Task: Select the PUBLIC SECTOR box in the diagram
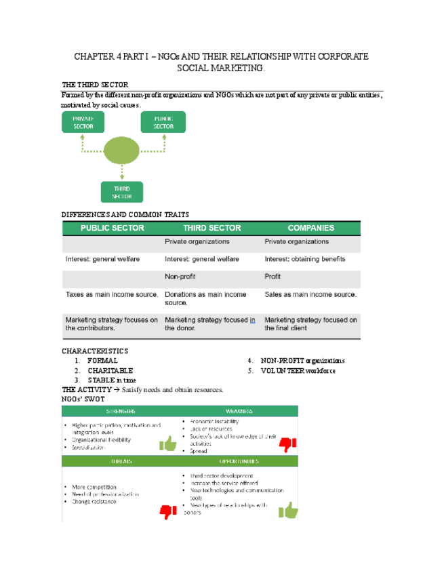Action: tap(163, 122)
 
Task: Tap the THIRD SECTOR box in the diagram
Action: tap(122, 191)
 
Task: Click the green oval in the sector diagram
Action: tap(122, 151)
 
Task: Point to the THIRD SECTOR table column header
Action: tap(211, 229)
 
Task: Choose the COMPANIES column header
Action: tap(311, 229)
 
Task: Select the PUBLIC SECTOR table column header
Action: tap(113, 229)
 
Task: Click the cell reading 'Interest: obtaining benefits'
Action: tap(304, 259)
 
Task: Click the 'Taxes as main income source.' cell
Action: tap(112, 295)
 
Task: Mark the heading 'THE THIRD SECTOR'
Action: tap(94, 85)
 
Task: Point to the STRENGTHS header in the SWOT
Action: tap(121, 411)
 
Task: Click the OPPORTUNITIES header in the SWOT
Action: tap(240, 460)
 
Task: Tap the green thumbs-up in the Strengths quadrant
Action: tap(167, 444)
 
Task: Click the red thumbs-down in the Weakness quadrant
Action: tap(288, 444)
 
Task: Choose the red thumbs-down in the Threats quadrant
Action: tap(167, 512)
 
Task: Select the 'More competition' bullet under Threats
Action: tap(94, 487)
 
